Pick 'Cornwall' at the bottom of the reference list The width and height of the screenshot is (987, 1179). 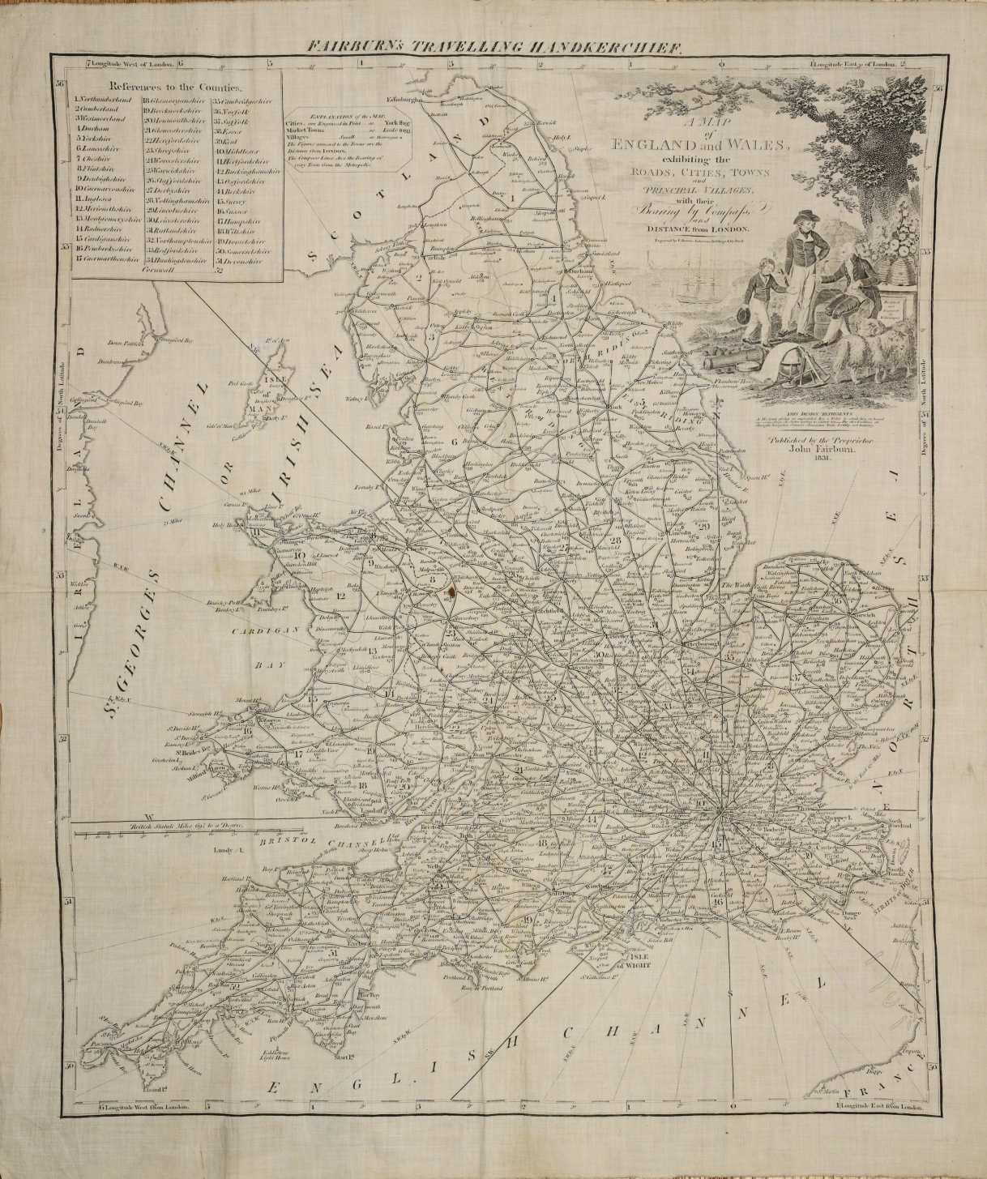coord(158,270)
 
